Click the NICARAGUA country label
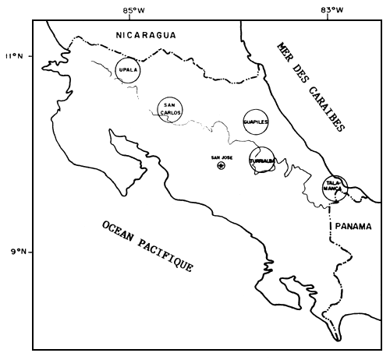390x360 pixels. pos(144,35)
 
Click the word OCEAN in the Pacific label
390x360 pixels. pos(122,233)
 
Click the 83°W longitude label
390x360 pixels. pos(332,10)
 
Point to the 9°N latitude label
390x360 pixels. pos(16,252)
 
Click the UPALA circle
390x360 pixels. pos(127,70)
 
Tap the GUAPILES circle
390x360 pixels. pos(256,122)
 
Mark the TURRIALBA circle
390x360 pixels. pos(262,161)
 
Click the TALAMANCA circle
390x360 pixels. pos(336,187)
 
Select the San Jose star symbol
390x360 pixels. pos(221,165)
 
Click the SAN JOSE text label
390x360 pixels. pos(222,157)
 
